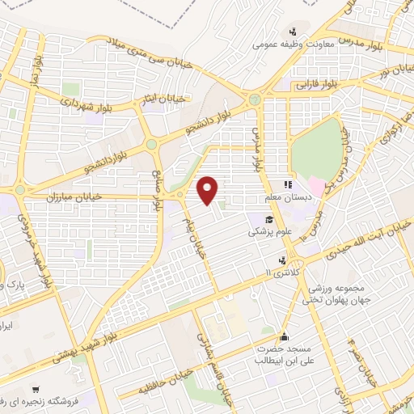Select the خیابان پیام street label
coord(201,235)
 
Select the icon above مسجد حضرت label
coord(283,337)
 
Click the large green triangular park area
coord(315,146)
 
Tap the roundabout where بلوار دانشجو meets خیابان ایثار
coord(151,145)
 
